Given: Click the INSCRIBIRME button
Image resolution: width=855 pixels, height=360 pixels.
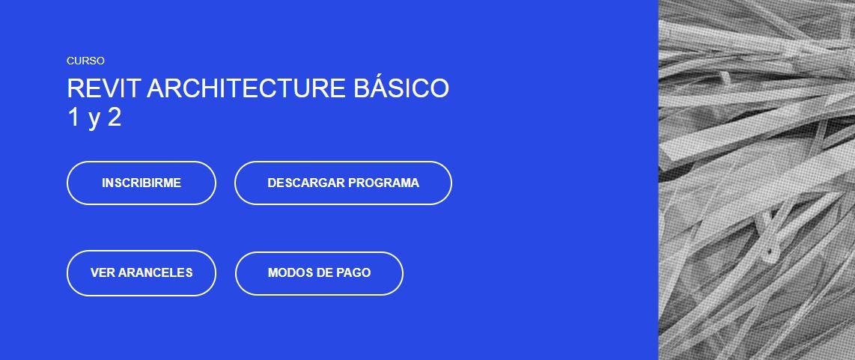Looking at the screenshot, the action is click(142, 183).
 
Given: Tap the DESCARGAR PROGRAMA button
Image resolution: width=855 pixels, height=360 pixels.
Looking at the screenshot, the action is click(343, 183).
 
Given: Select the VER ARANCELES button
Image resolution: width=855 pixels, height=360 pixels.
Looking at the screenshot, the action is click(142, 272).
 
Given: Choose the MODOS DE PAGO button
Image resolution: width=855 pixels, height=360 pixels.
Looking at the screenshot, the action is click(319, 272).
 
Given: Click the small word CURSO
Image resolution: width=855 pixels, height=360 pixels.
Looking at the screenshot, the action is click(85, 61).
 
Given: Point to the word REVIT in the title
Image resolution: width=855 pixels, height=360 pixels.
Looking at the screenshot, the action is click(103, 88).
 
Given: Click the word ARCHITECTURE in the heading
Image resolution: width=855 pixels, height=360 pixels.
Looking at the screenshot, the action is click(246, 88).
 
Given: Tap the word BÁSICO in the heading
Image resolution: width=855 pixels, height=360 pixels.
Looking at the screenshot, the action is click(401, 88).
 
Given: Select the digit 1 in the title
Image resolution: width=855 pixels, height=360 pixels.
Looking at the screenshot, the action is click(74, 118).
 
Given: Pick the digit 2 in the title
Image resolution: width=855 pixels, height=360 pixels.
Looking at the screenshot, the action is click(114, 118).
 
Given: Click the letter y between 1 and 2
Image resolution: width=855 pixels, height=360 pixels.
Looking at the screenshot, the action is click(94, 120).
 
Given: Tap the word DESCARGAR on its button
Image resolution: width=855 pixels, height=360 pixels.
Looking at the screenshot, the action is click(305, 183).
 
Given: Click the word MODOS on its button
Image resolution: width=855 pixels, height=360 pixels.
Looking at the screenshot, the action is click(288, 272).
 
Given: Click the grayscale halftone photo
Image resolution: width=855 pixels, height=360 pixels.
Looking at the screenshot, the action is click(757, 180).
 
